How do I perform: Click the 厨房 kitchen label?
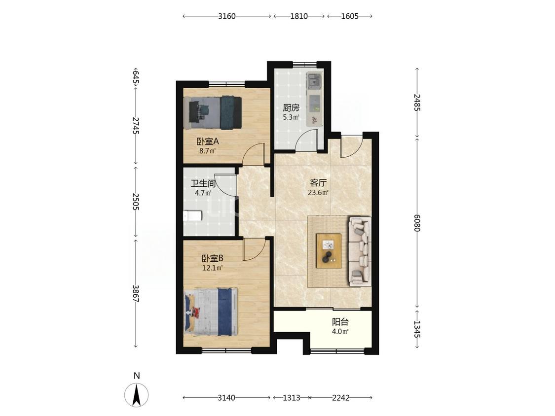click(x=291, y=107)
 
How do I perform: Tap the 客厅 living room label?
click(x=318, y=183)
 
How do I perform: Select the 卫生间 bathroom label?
click(x=203, y=183)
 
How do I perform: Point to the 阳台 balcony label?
click(x=340, y=322)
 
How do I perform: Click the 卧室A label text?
click(x=208, y=141)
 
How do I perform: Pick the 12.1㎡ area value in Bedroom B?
click(x=212, y=268)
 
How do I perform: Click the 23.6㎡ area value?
click(x=319, y=193)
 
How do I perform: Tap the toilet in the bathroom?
click(x=192, y=216)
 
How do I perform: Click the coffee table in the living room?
click(x=329, y=251)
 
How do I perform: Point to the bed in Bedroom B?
click(x=211, y=312)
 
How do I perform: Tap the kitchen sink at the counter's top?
click(x=314, y=80)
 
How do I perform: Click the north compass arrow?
click(x=137, y=394)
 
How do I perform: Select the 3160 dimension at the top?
click(x=227, y=16)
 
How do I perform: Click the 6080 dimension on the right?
click(x=417, y=223)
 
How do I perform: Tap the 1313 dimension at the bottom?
click(x=291, y=398)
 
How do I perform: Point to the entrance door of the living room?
click(x=352, y=145)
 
